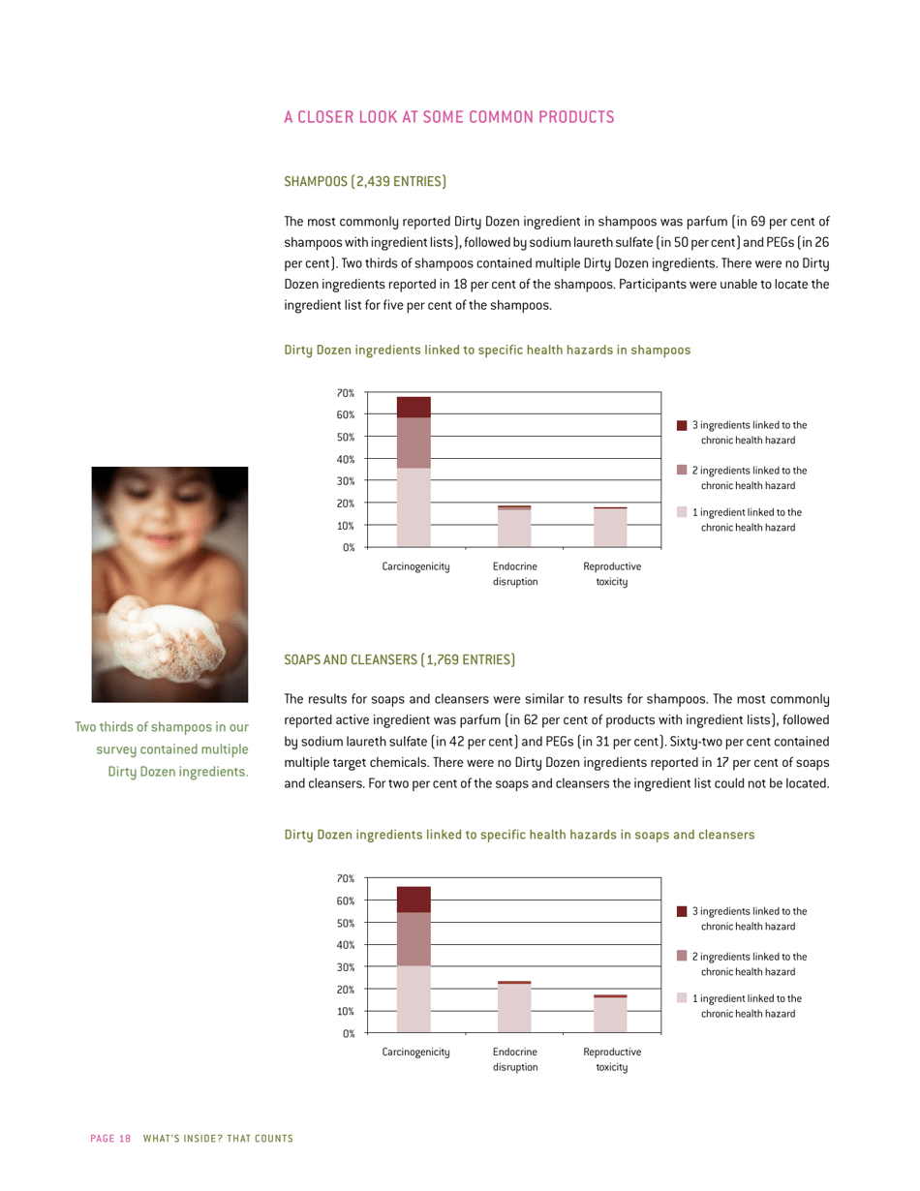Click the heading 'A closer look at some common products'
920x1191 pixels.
pos(448,118)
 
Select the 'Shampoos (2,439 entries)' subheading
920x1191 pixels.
pos(364,181)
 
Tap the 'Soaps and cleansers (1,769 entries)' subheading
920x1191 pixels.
pos(399,660)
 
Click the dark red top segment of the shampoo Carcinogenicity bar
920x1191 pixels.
pos(414,407)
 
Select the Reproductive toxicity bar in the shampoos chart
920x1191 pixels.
pos(610,527)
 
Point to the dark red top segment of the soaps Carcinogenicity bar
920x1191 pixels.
pos(414,900)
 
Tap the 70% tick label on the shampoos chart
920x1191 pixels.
pos(346,393)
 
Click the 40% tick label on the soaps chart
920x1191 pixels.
pos(346,945)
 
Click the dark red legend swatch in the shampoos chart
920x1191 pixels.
pos(682,425)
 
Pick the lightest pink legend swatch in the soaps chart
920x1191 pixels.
pos(682,998)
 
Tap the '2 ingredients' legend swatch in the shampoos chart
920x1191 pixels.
pos(682,470)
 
